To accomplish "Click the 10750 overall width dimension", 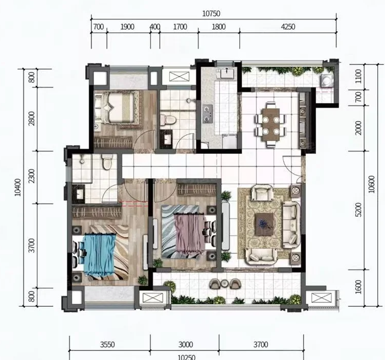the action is tap(211, 14).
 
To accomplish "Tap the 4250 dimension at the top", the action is tap(288, 27).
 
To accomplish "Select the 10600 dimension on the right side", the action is tap(372, 184).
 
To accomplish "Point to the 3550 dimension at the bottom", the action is tap(107, 345).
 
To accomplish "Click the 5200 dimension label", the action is tap(358, 210).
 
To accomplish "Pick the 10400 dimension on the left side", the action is tap(18, 187).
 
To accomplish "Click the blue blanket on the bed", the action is tap(99, 255).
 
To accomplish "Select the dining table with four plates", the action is tap(271, 124).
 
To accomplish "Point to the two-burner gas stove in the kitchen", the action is tap(208, 114).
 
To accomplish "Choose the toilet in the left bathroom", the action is tap(106, 162).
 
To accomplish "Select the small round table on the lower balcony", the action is tap(224, 284).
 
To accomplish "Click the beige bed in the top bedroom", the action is tap(115, 107).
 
